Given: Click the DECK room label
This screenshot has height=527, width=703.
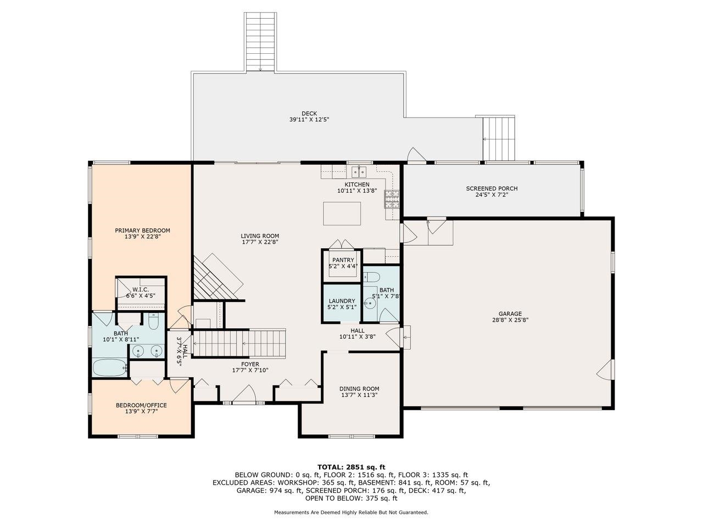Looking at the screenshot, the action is (x=309, y=113).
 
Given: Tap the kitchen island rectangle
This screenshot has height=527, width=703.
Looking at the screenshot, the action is (x=342, y=214).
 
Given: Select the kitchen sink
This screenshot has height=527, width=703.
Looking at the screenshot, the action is (x=359, y=172).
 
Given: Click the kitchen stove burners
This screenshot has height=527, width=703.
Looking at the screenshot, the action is (x=392, y=199).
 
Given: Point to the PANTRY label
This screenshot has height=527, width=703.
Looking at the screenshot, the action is (x=343, y=260).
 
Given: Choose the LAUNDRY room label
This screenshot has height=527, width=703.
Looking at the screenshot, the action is (x=342, y=301).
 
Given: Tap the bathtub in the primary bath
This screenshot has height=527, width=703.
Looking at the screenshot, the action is (x=109, y=368).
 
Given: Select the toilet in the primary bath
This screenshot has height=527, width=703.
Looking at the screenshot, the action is (x=153, y=321).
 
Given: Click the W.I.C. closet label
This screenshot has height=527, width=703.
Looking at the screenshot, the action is (x=141, y=290).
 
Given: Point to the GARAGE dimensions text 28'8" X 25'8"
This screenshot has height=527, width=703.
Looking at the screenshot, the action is (x=510, y=319).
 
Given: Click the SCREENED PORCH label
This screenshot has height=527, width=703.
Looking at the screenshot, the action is (x=492, y=188).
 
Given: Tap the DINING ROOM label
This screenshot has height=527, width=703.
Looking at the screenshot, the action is (x=359, y=389).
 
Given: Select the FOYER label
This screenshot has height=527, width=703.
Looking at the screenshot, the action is (x=250, y=364).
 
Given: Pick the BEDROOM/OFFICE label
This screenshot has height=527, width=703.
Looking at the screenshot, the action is (x=141, y=405).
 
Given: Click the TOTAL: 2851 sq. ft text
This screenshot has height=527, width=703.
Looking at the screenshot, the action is (x=351, y=467).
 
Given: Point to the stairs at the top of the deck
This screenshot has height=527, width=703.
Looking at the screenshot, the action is (x=260, y=42).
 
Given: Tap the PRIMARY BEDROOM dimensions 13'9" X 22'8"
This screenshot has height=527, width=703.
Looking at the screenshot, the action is (x=142, y=237).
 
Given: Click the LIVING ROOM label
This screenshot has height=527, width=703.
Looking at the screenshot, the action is (x=260, y=236).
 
